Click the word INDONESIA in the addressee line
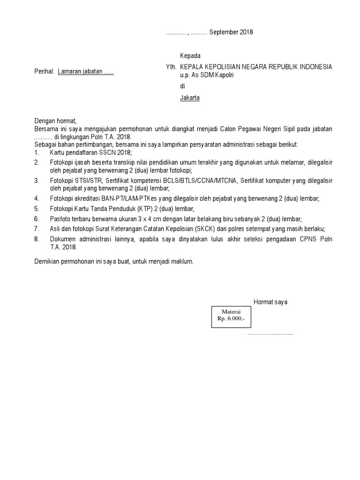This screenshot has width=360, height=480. point(312,67)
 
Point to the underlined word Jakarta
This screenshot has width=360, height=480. point(190,98)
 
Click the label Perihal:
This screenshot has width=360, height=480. point(45,72)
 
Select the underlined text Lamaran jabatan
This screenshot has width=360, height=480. point(80,72)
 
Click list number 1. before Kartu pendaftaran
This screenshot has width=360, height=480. point(37,153)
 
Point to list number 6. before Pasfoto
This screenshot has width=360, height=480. point(37,219)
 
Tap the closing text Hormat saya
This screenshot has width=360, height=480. point(270,302)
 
